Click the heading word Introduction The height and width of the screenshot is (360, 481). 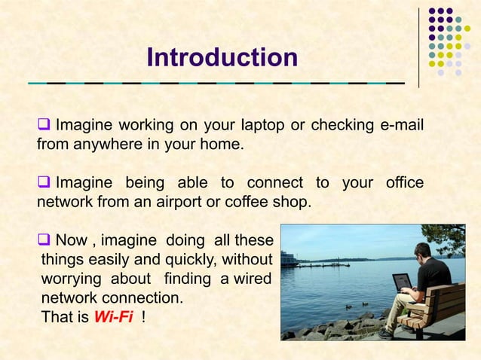(x=222, y=57)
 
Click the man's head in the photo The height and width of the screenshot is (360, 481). (x=423, y=251)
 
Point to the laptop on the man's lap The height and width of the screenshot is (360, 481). (x=403, y=282)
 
